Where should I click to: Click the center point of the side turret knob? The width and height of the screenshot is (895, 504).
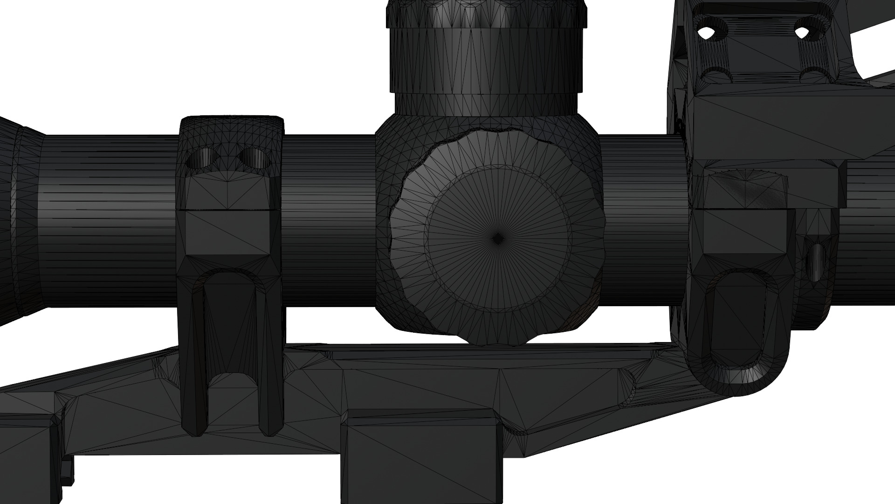coord(497,238)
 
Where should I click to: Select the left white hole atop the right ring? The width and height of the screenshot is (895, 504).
coord(707,32)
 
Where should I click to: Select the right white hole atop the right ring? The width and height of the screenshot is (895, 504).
coord(801,32)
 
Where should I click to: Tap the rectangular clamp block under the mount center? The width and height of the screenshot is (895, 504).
coord(422,457)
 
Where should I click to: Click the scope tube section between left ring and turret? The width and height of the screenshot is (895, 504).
coord(329,219)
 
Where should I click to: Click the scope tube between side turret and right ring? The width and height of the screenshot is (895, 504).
coord(643,219)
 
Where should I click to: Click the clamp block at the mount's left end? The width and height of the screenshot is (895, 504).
coord(28,448)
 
